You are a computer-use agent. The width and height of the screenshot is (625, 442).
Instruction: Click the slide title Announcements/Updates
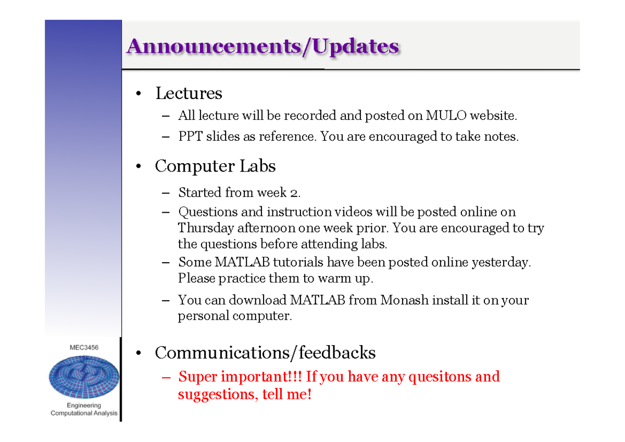262,46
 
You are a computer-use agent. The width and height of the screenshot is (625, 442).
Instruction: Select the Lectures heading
189,94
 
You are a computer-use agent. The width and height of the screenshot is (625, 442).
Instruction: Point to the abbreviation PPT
190,137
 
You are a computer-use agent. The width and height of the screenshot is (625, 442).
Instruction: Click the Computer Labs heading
215,166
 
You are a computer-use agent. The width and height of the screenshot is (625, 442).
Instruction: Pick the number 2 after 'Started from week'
294,193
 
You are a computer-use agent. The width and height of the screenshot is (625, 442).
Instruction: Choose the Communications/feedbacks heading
265,353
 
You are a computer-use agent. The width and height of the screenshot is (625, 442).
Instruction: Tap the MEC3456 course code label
84,347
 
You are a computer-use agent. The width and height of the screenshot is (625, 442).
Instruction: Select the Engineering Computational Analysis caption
84,409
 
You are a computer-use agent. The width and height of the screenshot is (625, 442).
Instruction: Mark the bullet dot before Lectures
139,94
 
